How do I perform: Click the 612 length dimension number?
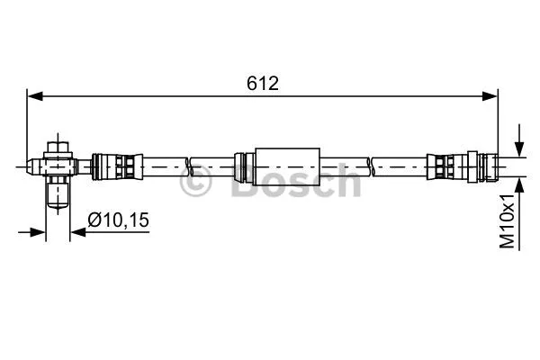pos(262,83)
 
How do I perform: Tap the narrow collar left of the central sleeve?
pos(240,166)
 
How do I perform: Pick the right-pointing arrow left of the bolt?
pos(38,231)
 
